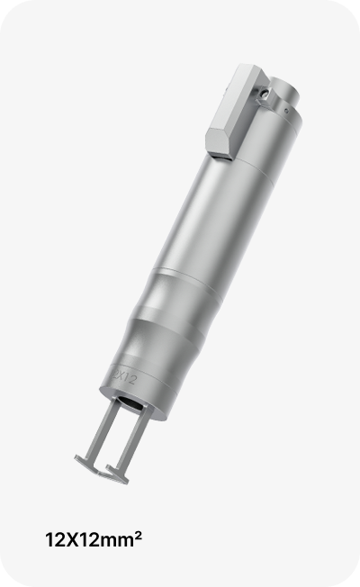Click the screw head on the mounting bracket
point(265,93)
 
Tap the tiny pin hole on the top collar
point(286,111)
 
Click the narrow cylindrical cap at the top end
point(284,90)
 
